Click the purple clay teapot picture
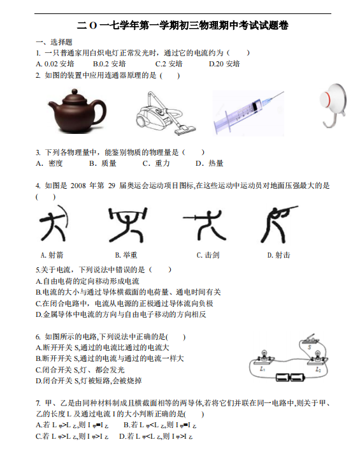76,109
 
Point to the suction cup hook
333,106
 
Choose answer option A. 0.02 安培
56,64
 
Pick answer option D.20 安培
224,64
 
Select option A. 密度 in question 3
50,163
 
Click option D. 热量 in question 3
210,163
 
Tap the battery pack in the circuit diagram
291,378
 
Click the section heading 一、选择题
54,41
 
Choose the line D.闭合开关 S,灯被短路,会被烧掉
89,381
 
